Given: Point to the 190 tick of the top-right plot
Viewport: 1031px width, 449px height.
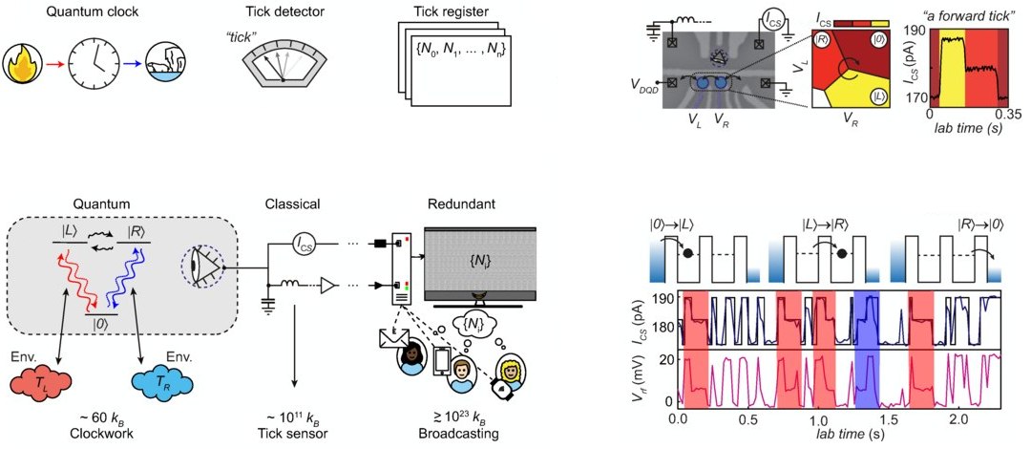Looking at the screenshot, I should coord(918,30).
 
